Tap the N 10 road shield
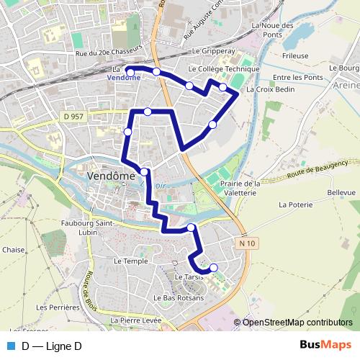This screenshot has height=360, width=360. coord(247,244)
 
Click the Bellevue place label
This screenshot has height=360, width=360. coord(341,193)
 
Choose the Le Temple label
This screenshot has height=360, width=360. coord(130,261)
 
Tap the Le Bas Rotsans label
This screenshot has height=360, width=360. coord(178,297)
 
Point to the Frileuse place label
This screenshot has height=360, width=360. coord(296,55)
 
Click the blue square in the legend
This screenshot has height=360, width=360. coord(11,346)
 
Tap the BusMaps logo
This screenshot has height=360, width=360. coord(325,346)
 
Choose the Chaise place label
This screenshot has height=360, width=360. coord(13,250)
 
